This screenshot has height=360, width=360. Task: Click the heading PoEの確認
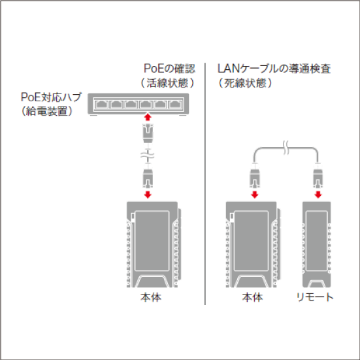(169, 69)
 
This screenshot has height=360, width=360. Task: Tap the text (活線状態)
(168, 83)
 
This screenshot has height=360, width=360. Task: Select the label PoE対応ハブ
(51, 97)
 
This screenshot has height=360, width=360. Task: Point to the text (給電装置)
(46, 111)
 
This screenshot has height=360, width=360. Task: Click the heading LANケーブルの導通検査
(274, 69)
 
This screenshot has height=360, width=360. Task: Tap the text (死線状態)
(245, 83)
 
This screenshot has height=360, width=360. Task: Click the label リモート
(315, 297)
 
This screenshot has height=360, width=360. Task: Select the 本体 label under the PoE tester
(151, 297)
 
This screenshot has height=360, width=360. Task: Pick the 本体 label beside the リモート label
(252, 297)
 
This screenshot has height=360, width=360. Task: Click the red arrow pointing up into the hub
(148, 117)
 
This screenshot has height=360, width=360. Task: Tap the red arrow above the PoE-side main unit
(148, 195)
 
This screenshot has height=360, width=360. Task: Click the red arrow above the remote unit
(318, 195)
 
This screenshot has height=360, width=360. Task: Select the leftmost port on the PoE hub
(101, 105)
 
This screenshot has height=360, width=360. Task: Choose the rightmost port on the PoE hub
(176, 105)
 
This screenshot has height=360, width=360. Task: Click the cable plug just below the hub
(148, 133)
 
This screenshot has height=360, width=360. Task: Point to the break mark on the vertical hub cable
(148, 156)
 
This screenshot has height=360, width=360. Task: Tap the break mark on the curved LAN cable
(286, 148)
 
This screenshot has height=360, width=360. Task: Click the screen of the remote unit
(317, 241)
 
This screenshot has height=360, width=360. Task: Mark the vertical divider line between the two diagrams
(205, 184)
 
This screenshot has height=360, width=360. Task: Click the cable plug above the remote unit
(318, 177)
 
